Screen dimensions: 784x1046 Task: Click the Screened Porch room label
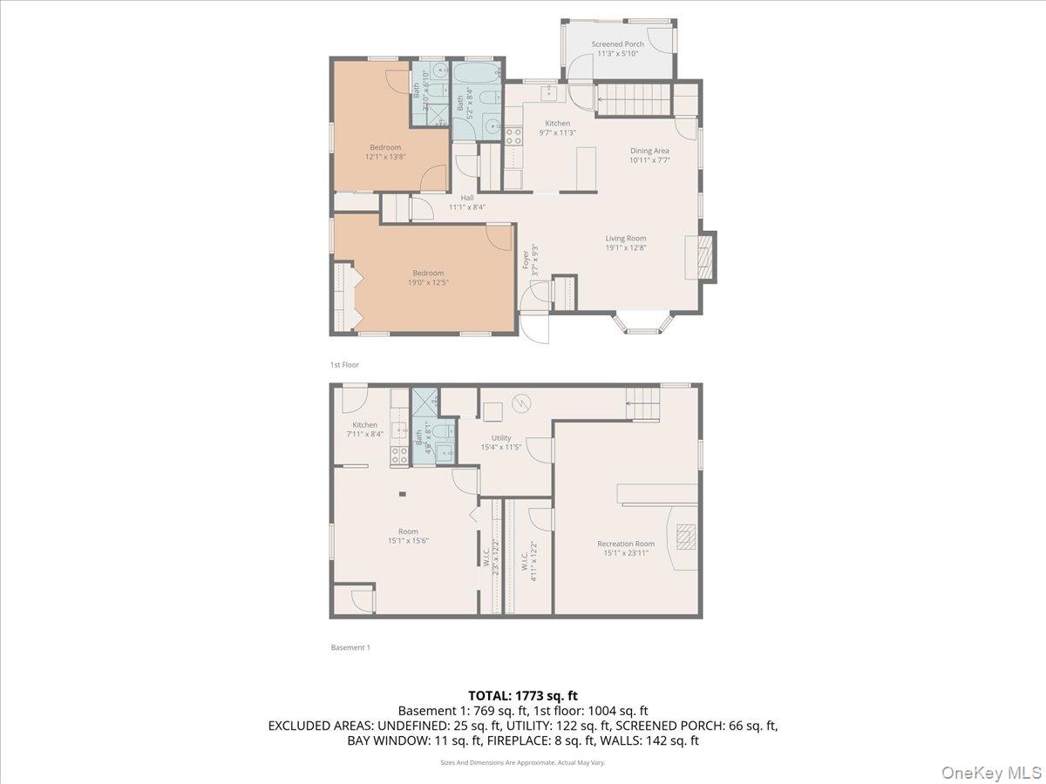(617, 44)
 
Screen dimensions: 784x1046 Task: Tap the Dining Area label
(649, 151)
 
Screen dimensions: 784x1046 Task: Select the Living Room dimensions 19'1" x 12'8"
(626, 247)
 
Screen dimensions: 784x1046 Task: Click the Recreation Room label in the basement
(625, 544)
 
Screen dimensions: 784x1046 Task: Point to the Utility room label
(500, 438)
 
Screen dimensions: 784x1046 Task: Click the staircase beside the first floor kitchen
(634, 99)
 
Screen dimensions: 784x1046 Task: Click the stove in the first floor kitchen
(513, 136)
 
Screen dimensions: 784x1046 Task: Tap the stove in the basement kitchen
(399, 455)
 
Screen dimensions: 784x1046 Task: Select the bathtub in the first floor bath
(476, 72)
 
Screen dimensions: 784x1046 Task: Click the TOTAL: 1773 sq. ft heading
(522, 695)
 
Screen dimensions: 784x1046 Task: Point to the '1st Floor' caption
(344, 365)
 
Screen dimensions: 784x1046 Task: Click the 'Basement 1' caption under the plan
(350, 647)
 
